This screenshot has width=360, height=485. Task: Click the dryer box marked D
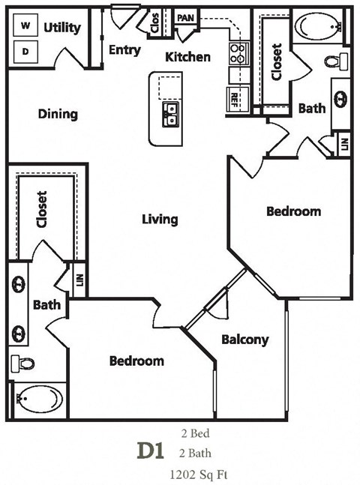26,52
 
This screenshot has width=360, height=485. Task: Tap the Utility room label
62,28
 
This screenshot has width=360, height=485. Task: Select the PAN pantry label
185,16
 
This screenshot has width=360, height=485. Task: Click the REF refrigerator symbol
235,97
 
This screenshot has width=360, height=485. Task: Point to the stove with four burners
238,53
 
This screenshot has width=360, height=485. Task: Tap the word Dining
58,115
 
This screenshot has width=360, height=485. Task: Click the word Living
160,219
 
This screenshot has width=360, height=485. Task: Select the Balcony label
244,340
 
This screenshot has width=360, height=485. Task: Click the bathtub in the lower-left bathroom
40,399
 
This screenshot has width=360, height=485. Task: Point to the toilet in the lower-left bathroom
25,363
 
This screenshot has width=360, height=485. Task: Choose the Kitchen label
187,57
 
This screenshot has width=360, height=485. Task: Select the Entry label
124,50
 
